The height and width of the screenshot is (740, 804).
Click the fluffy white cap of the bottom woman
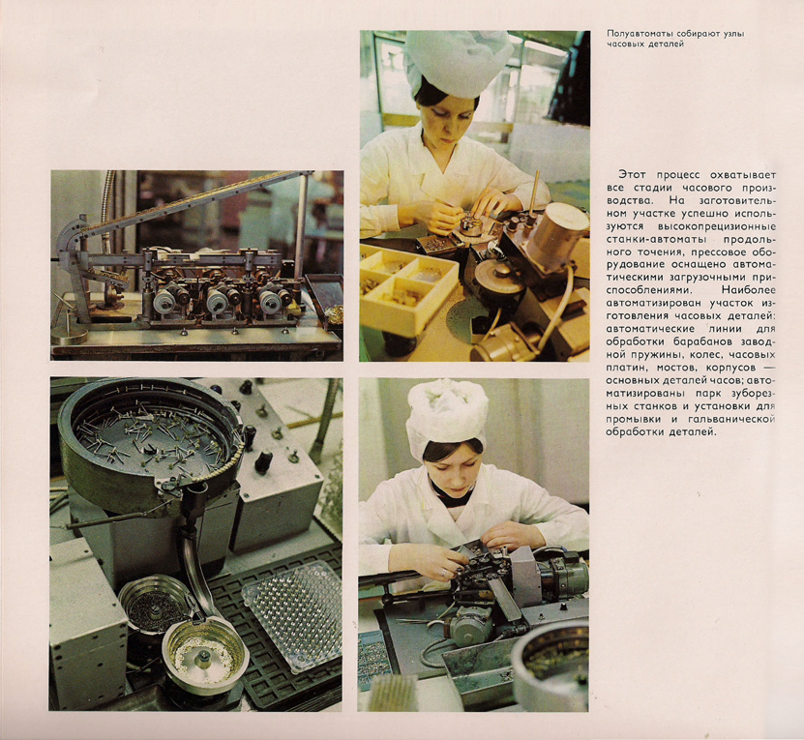coord(446,413)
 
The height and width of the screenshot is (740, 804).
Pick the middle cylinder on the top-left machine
coord(219,301)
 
